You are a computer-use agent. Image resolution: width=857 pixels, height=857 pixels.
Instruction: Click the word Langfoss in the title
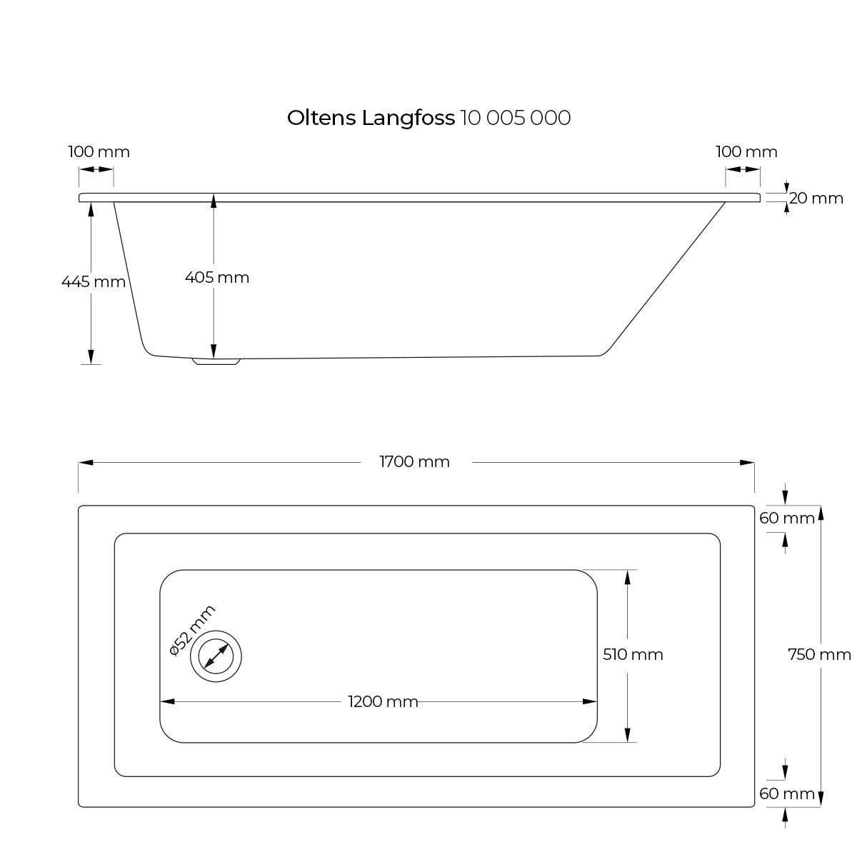click(408, 119)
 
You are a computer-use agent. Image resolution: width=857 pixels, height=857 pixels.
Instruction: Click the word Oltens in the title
click(321, 118)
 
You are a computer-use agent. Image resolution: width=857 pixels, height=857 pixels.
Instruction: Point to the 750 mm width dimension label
click(819, 654)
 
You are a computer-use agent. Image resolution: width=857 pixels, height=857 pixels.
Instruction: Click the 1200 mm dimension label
click(383, 702)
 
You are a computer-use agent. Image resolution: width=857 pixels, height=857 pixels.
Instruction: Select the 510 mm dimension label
click(633, 654)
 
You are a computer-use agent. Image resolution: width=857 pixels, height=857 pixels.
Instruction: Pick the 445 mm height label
click(94, 281)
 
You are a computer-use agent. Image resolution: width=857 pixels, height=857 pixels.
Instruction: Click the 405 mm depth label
click(217, 277)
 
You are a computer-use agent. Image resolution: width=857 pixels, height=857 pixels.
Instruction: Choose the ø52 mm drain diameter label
click(192, 630)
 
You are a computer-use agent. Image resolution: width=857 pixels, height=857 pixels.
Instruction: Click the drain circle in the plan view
click(216, 656)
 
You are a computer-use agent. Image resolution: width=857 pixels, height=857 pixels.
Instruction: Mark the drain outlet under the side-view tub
click(216, 362)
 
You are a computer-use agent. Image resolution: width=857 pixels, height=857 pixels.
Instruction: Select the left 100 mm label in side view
click(99, 152)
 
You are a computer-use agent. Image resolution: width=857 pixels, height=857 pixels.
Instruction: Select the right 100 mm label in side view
click(746, 152)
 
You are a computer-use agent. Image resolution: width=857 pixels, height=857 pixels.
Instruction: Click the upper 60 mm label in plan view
click(787, 518)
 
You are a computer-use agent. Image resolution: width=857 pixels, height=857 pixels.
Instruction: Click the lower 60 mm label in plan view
click(787, 793)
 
